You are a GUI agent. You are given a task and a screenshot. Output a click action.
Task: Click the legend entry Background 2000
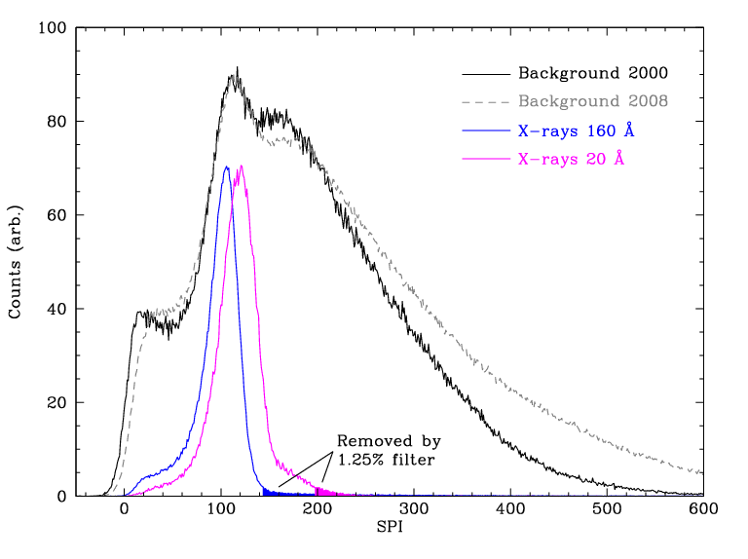pyautogui.click(x=592, y=73)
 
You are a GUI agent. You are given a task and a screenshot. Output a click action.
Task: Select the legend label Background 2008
pyautogui.click(x=592, y=101)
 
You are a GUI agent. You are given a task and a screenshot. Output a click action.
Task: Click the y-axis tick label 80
pyautogui.click(x=56, y=122)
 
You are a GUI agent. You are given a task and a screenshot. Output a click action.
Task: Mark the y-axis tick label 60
pyautogui.click(x=56, y=215)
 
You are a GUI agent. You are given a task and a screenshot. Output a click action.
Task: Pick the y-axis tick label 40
pyautogui.click(x=56, y=309)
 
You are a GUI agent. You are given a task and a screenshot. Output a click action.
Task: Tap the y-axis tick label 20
pyautogui.click(x=56, y=402)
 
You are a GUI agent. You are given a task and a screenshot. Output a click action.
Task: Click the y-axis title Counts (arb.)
pyautogui.click(x=16, y=262)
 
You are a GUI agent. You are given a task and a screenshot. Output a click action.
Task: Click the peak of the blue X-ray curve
pyautogui.click(x=226, y=167)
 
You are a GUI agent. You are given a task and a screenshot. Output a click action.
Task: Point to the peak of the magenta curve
pyautogui.click(x=241, y=166)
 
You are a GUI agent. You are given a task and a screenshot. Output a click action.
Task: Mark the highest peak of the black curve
pyautogui.click(x=236, y=68)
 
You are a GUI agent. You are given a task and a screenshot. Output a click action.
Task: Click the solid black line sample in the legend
pyautogui.click(x=485, y=73)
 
